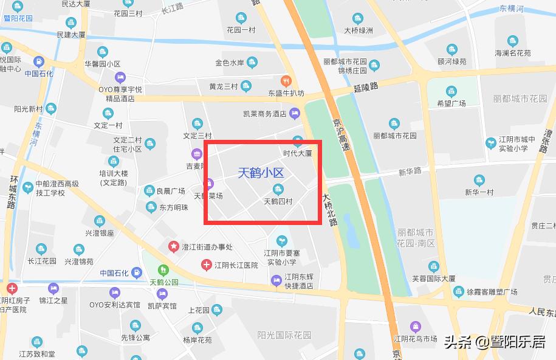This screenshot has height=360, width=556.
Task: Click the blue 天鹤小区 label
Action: pos(261,173)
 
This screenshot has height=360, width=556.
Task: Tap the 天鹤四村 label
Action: pos(278,201)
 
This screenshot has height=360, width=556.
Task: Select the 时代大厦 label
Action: pos(297,153)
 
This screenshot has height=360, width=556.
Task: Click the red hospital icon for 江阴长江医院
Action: pos(207,265)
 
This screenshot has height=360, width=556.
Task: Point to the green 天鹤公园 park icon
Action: pos(162,270)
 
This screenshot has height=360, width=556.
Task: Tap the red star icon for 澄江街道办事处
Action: pos(173,247)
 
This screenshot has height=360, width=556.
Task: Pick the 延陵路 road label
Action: pos(365,88)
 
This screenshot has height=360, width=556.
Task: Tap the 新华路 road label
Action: pos(410,171)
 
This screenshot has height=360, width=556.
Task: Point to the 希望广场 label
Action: pos(451,103)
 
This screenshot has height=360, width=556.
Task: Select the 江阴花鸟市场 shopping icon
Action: pos(416,327)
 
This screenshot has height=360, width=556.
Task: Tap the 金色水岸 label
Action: pos(230,63)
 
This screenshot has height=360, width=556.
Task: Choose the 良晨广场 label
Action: pos(170,191)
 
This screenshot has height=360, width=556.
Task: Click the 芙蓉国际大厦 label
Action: pos(433,279)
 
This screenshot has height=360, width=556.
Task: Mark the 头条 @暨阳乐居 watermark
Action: pos(494,342)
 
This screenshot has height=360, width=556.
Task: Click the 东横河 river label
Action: pos(511,9)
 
